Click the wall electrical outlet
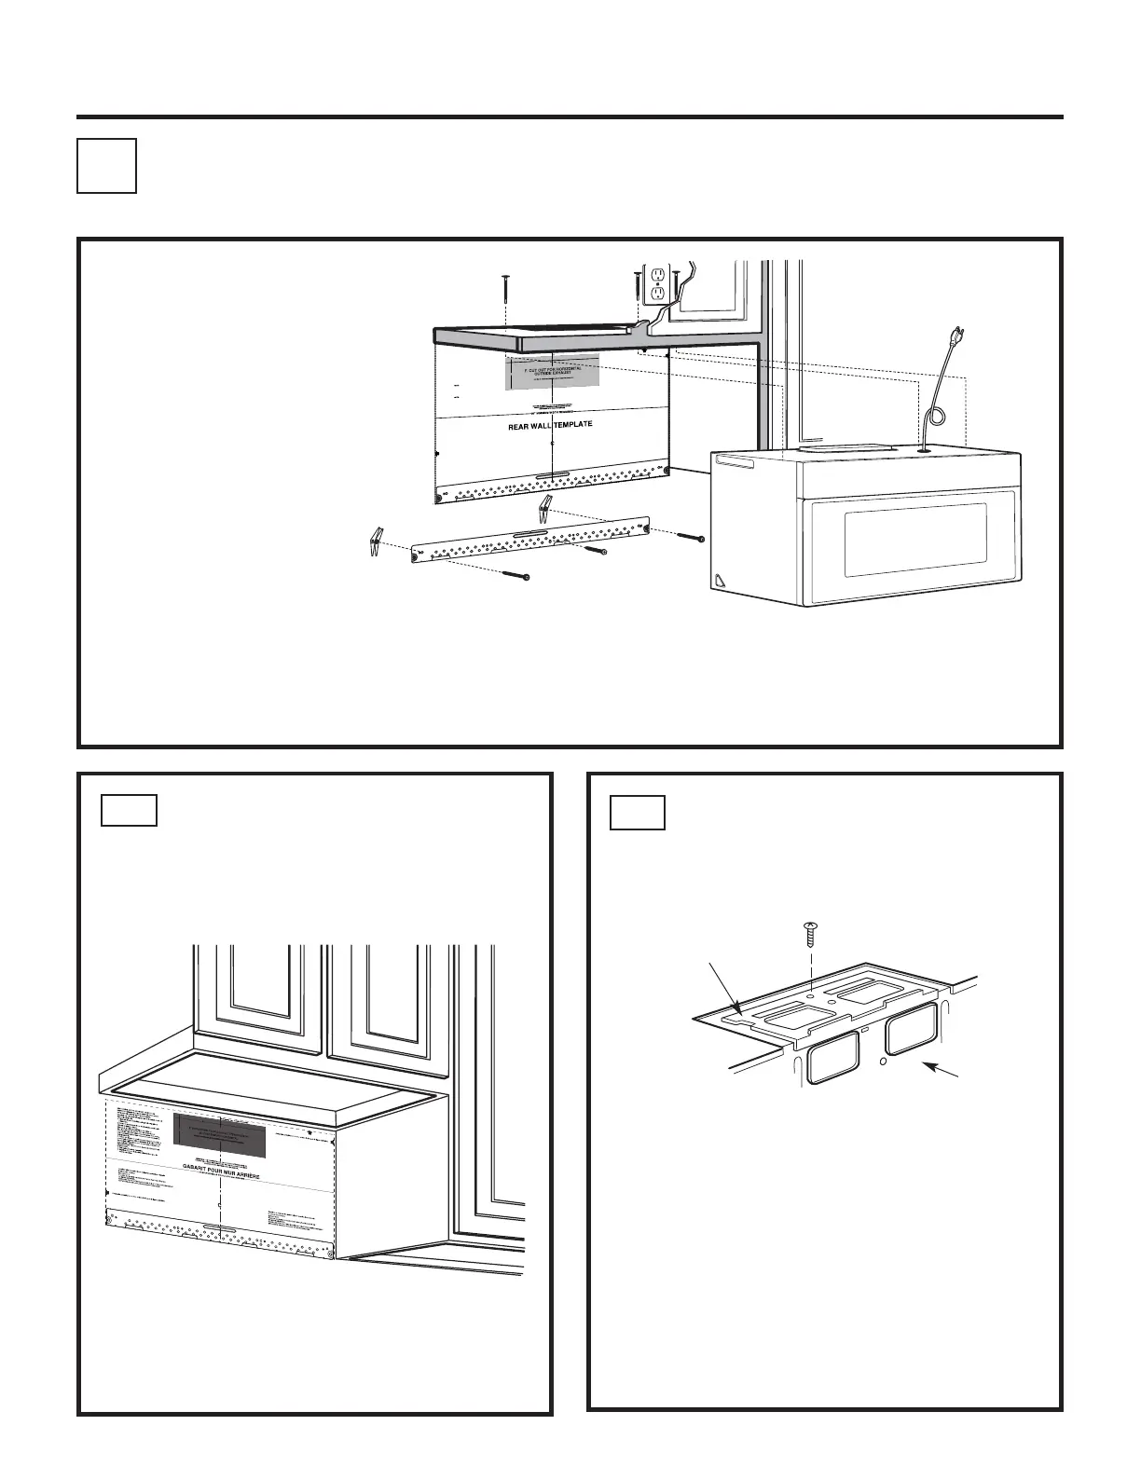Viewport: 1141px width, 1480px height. pyautogui.click(x=657, y=282)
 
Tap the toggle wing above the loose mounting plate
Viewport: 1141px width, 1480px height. pyautogui.click(x=546, y=508)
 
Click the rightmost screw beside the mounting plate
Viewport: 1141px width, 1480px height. pyautogui.click(x=690, y=537)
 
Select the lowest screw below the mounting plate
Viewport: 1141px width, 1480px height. pyautogui.click(x=516, y=574)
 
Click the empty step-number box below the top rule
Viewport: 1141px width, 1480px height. pyautogui.click(x=106, y=166)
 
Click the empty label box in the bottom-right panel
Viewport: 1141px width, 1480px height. pyautogui.click(x=638, y=813)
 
